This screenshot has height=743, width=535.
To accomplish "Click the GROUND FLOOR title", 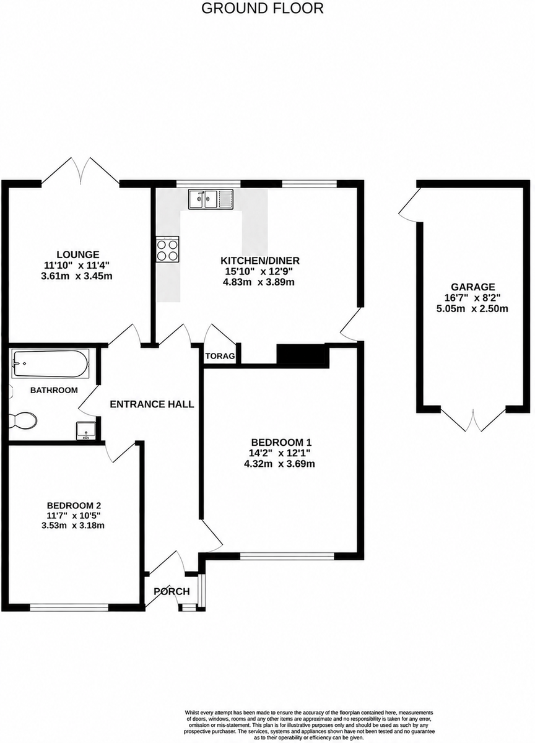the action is click(x=263, y=8).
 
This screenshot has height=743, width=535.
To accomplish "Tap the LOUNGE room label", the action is click(x=78, y=254).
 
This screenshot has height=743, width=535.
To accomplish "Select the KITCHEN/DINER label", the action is click(x=260, y=261).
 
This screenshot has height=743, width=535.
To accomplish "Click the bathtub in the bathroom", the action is click(x=50, y=363).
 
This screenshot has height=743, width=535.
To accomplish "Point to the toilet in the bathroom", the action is click(x=22, y=420).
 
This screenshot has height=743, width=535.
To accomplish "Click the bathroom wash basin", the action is click(x=86, y=430).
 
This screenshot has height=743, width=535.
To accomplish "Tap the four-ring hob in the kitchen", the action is click(x=167, y=250).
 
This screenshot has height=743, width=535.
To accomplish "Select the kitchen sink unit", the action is click(x=211, y=199).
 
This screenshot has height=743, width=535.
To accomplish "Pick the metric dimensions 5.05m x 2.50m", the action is click(x=472, y=309).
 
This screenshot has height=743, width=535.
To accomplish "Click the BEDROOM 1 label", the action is click(x=282, y=442).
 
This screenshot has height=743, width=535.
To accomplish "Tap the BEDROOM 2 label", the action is click(x=74, y=505).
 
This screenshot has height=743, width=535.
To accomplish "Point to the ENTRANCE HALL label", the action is click(x=152, y=404).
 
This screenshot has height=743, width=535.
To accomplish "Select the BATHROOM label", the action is click(x=54, y=390).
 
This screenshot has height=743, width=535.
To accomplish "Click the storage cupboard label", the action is click(x=220, y=356).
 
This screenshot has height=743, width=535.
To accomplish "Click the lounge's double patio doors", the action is click(x=80, y=170).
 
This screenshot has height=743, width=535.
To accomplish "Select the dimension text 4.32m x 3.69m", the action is click(x=279, y=463).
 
